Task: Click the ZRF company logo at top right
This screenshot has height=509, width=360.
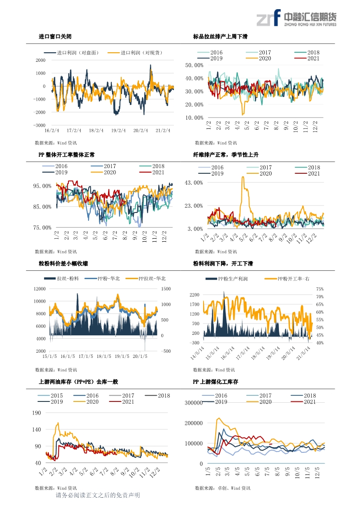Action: pos(296,18)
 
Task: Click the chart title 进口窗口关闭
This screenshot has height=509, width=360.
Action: pos(55,37)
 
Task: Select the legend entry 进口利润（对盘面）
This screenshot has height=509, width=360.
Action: pos(71,53)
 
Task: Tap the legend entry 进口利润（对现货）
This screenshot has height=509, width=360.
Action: pos(135,53)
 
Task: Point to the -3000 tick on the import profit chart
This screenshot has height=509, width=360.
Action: pos(39,125)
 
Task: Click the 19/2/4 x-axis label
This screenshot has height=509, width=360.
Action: pos(118,131)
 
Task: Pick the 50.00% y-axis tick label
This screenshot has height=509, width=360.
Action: pos(194,65)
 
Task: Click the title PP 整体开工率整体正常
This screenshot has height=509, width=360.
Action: pos(67,155)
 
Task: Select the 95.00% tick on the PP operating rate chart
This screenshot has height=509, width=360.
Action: pos(42,186)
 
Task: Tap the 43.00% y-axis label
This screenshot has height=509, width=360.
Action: pos(194,183)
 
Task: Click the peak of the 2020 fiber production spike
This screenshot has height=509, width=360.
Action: pos(243,177)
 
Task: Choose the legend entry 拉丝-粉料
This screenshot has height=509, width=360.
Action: pos(61,279)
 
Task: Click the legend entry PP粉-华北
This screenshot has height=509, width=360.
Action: pos(102,279)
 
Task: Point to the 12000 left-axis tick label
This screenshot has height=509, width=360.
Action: pos(40,289)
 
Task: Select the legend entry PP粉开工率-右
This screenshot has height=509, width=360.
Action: pos(287,279)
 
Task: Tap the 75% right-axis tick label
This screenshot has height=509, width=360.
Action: pos(320,289)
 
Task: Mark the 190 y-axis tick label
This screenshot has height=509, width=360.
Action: pos(36,413)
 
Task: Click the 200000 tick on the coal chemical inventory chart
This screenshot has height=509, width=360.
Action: pos(194,423)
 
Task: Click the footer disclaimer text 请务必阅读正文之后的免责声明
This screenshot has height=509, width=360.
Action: pos(98,496)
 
